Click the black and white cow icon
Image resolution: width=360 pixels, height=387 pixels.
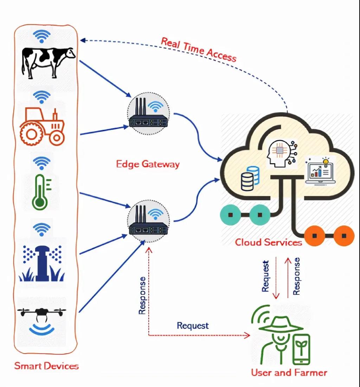click(x=49, y=62)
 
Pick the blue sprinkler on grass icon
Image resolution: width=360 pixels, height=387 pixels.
click(x=42, y=262)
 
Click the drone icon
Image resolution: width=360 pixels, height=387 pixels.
click(x=42, y=313)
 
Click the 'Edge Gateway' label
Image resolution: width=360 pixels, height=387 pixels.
click(x=148, y=164)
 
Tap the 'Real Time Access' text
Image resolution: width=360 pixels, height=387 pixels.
click(x=199, y=49)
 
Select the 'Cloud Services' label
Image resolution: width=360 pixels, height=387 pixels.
click(x=268, y=242)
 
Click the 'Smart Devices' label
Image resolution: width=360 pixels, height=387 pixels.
click(x=46, y=366)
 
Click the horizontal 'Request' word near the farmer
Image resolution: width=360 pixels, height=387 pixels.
click(x=193, y=325)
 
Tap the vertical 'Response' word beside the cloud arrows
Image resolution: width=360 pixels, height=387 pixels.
click(x=297, y=276)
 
